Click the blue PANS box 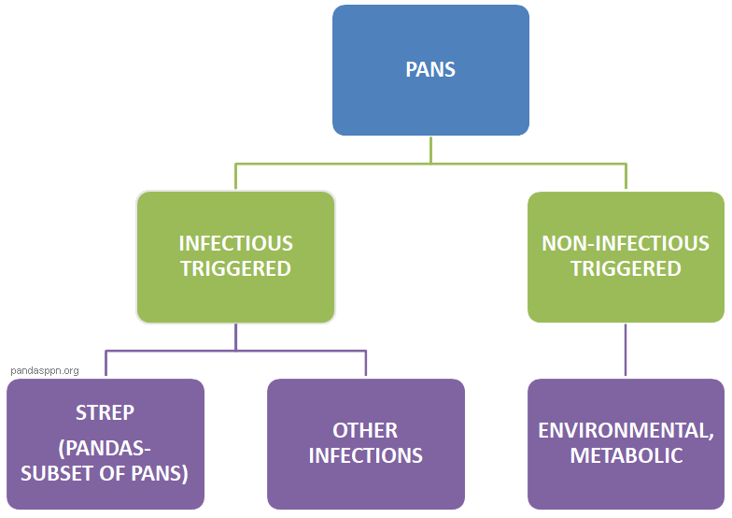click(430, 70)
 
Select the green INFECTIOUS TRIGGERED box click(235, 256)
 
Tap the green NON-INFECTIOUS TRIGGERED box click(626, 256)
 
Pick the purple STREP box click(106, 443)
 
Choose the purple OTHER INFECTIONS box click(366, 443)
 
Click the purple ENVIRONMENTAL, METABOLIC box click(626, 443)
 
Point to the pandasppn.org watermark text click(45, 370)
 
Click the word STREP click(105, 412)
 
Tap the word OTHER click(365, 431)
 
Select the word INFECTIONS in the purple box click(365, 456)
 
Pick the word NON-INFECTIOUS click(626, 244)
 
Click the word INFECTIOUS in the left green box click(235, 244)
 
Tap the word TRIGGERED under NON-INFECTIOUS click(626, 269)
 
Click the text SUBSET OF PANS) click(105, 473)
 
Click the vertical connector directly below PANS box click(430, 149)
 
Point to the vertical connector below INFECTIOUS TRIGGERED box click(236, 337)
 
